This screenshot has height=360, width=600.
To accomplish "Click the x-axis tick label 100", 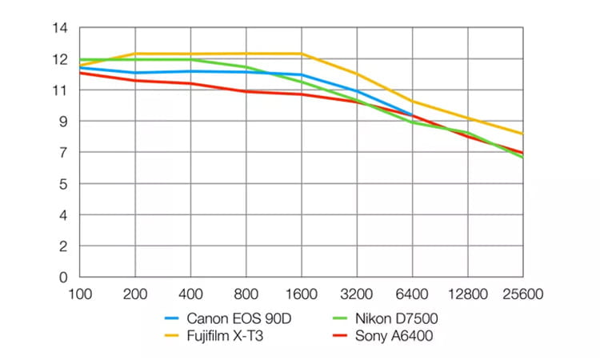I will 80,294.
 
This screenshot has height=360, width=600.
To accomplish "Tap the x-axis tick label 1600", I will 302,294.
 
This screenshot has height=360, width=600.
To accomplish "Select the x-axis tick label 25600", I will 523,294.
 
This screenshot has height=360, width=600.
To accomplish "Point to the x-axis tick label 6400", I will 413,294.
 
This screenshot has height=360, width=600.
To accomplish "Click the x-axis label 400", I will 191,294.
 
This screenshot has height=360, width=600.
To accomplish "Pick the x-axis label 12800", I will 468,294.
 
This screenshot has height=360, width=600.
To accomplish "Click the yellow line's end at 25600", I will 523,134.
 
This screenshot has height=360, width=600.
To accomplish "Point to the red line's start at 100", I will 80,73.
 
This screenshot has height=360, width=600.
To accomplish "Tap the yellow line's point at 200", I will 135,54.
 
